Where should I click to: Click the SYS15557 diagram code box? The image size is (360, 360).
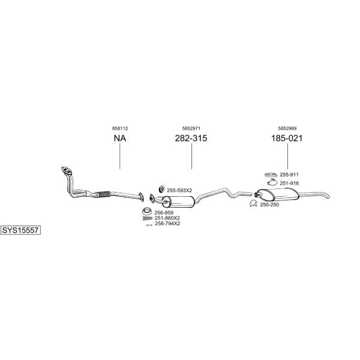[20, 230]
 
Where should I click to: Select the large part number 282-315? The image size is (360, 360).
[191, 138]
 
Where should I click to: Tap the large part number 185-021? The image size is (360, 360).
[287, 138]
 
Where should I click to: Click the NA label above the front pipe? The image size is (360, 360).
[120, 138]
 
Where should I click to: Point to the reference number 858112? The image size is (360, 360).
[120, 128]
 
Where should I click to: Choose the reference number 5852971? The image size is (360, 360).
[191, 128]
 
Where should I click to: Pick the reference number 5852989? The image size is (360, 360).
[287, 128]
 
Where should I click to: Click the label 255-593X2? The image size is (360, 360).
[179, 190]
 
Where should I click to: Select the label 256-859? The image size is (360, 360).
[164, 212]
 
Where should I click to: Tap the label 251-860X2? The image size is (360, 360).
[167, 218]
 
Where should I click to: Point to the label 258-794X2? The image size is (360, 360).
[167, 223]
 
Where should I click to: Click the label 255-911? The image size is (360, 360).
[289, 175]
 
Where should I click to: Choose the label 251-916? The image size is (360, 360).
[289, 183]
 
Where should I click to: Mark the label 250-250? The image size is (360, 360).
[269, 205]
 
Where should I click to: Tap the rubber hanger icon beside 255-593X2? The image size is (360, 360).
[161, 189]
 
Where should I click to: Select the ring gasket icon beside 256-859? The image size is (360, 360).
[147, 211]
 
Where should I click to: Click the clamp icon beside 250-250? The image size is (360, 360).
[253, 203]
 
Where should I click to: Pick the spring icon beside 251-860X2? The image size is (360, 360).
[147, 218]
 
